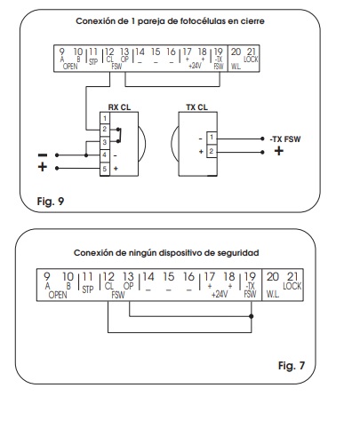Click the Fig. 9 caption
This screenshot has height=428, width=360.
click(x=51, y=202)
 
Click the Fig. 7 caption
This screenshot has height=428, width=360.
click(x=292, y=366)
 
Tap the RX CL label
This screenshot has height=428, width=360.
click(x=119, y=107)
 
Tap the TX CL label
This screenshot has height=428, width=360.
click(x=197, y=107)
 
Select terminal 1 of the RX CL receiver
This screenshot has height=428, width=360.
click(x=105, y=119)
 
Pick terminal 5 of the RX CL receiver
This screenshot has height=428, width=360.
click(x=105, y=169)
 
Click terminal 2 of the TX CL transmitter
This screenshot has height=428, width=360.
click(x=212, y=151)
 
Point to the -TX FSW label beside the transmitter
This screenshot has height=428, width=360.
click(x=285, y=139)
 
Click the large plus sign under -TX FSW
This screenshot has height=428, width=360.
click(x=279, y=151)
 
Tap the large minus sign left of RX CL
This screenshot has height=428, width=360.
click(x=43, y=155)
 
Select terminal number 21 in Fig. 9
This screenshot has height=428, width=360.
click(x=252, y=52)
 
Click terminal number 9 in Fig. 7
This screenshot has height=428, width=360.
click(x=47, y=276)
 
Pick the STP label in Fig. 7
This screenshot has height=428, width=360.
click(x=88, y=289)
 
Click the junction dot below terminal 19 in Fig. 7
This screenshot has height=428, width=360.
click(x=252, y=316)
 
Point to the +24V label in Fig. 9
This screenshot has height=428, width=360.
click(x=195, y=66)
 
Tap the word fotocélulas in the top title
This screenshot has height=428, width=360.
click(x=202, y=21)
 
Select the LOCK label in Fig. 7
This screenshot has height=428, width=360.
click(x=292, y=286)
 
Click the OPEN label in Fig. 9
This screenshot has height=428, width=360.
click(x=70, y=67)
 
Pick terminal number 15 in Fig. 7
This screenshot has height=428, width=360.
click(x=168, y=276)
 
